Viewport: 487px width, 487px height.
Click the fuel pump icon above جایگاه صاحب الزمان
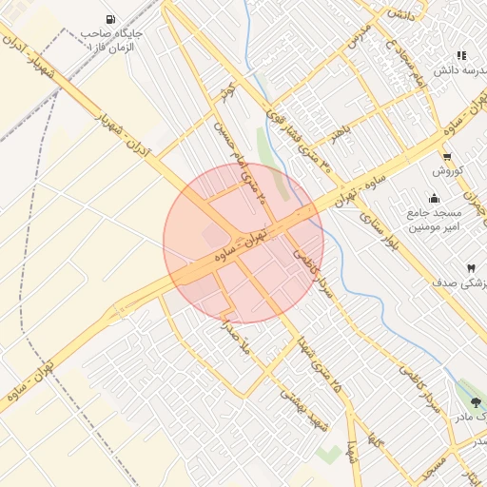(113, 19)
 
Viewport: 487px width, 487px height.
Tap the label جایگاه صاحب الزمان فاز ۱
(113, 40)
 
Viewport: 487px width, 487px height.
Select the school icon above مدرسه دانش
(462, 56)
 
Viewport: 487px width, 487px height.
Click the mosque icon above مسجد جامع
(435, 199)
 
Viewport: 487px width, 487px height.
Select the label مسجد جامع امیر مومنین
(435, 221)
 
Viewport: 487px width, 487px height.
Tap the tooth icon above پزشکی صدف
(470, 269)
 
